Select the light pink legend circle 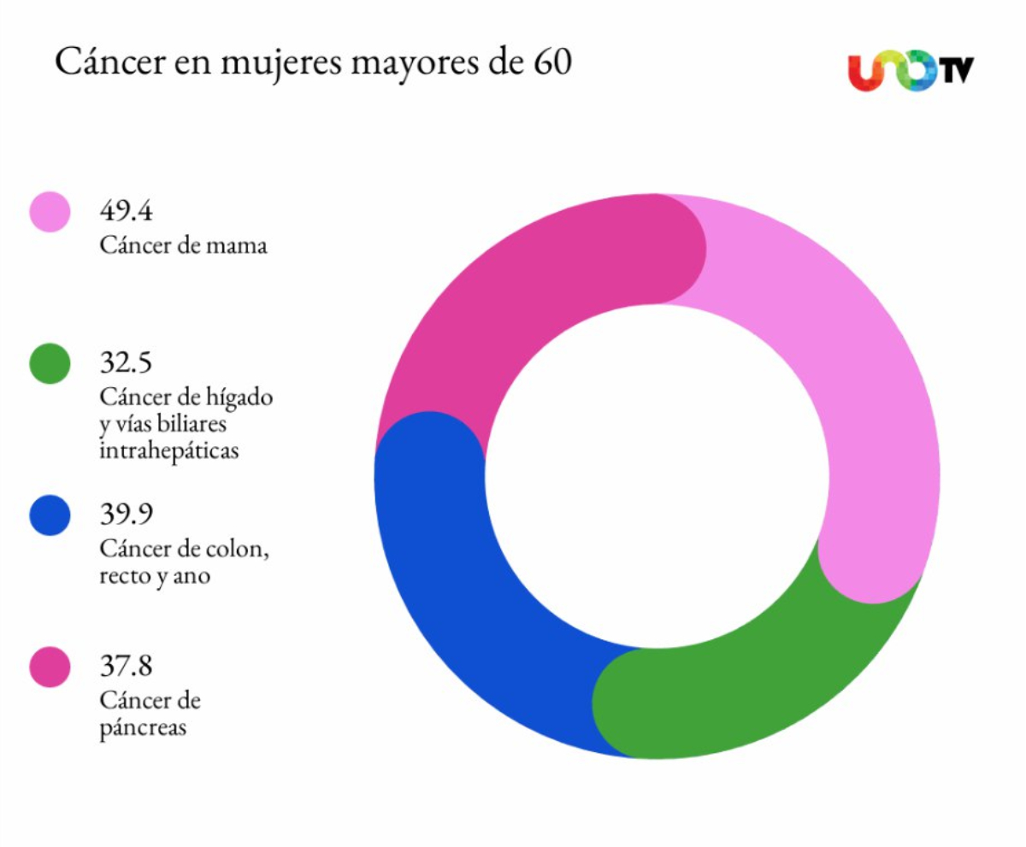50,212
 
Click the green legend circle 50,363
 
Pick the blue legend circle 50,515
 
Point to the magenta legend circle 50,667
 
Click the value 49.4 126,209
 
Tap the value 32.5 126,362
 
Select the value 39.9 126,514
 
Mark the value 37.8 126,664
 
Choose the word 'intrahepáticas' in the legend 168,450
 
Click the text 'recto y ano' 155,575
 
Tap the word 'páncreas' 142,728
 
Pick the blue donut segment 462,581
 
